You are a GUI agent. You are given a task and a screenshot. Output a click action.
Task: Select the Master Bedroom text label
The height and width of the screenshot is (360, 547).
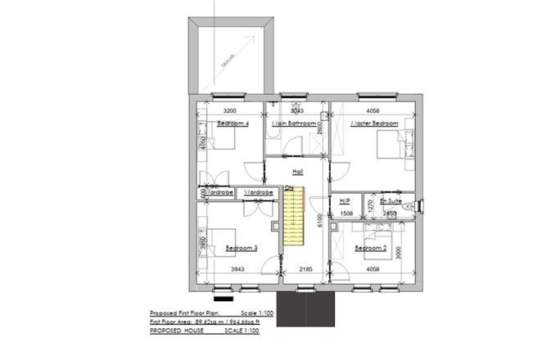click(374, 124)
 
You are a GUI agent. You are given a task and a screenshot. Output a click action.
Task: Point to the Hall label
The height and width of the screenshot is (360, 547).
click(298, 173)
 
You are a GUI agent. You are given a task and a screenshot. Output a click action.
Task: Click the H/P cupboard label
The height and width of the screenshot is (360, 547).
click(344, 200)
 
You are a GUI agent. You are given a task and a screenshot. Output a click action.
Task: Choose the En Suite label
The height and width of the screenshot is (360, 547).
click(389, 200)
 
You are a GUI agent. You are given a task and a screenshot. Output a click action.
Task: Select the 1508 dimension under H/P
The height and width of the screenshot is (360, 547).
click(346, 214)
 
